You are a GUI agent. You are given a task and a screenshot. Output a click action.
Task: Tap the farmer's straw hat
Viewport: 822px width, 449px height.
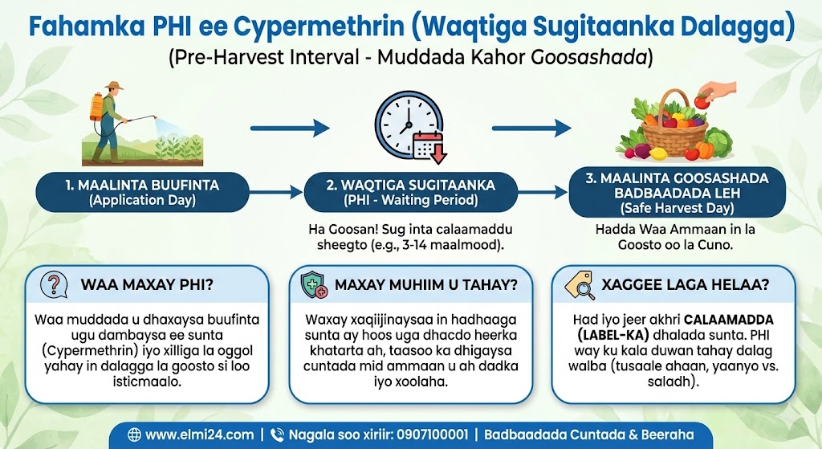(x=113, y=85)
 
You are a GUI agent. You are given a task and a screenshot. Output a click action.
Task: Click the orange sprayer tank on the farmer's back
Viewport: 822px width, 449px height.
(x=96, y=106)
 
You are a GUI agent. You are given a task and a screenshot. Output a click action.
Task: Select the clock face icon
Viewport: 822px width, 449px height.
(x=405, y=124)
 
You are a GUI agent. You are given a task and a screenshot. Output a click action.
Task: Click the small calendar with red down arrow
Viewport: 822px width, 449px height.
(x=429, y=147)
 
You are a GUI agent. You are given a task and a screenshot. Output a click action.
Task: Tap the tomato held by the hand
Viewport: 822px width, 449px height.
(x=701, y=100)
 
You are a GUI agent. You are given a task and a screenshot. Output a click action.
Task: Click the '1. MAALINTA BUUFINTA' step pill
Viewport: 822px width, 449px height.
(x=143, y=192)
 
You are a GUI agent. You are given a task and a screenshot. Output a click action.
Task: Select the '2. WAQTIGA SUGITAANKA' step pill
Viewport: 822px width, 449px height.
(x=411, y=192)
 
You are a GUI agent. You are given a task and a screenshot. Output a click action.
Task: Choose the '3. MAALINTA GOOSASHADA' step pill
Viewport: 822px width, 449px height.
(x=677, y=193)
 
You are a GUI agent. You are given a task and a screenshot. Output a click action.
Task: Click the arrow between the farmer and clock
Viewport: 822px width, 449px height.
(x=290, y=128)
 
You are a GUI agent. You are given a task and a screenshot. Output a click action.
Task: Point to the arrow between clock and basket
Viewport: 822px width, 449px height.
(x=531, y=128)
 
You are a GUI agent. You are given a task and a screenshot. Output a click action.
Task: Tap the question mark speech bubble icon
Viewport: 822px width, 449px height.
(x=54, y=285)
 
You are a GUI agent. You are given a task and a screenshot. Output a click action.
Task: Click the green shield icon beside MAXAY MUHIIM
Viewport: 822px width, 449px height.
(x=314, y=285)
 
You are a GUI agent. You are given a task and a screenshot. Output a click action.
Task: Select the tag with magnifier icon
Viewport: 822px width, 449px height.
(x=580, y=285)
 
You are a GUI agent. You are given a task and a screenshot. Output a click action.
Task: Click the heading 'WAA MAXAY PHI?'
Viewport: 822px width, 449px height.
(x=147, y=285)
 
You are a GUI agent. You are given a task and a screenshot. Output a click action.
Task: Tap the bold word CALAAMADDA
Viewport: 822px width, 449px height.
(x=729, y=320)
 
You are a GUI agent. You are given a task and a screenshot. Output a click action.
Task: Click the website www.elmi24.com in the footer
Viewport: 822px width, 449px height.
(x=199, y=435)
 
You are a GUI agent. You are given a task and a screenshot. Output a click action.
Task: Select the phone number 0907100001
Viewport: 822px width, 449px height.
(x=432, y=435)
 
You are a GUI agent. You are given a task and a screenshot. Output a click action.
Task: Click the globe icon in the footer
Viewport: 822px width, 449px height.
(x=134, y=435)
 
